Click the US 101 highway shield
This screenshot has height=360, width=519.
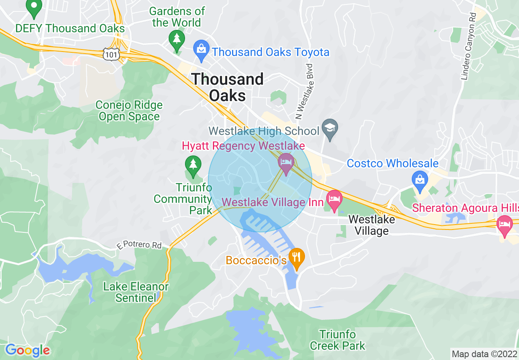111,55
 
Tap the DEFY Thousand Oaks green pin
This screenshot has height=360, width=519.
34,8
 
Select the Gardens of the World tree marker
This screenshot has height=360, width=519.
177,39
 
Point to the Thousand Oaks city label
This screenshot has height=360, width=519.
228,87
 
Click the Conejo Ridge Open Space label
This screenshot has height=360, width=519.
129,111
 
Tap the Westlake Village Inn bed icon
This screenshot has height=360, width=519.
334,199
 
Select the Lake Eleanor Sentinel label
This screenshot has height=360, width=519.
136,292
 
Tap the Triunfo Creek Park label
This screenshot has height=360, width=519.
338,340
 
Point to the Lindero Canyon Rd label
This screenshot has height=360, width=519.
469,46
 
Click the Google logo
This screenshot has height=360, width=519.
27,350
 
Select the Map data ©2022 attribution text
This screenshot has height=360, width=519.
483,353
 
